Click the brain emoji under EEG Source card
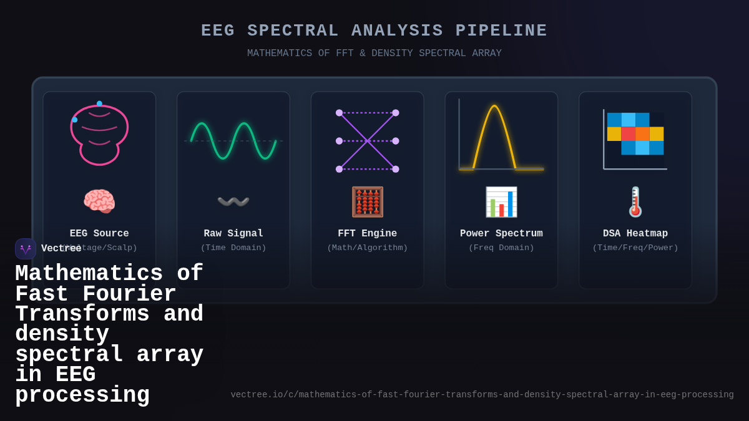pos(99,201)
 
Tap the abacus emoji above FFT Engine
pos(367,201)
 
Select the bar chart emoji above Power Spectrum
pos(501,201)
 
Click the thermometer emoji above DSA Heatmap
pos(635,201)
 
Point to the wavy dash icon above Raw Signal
pos(233,201)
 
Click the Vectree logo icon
pos(26,249)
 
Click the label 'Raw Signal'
pos(233,233)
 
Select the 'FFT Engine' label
pos(367,233)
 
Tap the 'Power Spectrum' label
pos(501,233)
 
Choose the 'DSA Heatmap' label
pos(635,233)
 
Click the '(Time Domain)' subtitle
pos(233,248)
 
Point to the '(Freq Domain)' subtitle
pos(501,248)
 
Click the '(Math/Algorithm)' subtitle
pos(367,248)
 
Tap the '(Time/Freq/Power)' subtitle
pos(635,248)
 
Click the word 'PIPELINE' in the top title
pos(501,31)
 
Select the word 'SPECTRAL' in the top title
pos(293,31)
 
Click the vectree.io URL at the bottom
pos(482,395)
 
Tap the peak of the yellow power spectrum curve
pos(494,106)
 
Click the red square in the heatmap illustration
pos(628,134)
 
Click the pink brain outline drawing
pos(99,134)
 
